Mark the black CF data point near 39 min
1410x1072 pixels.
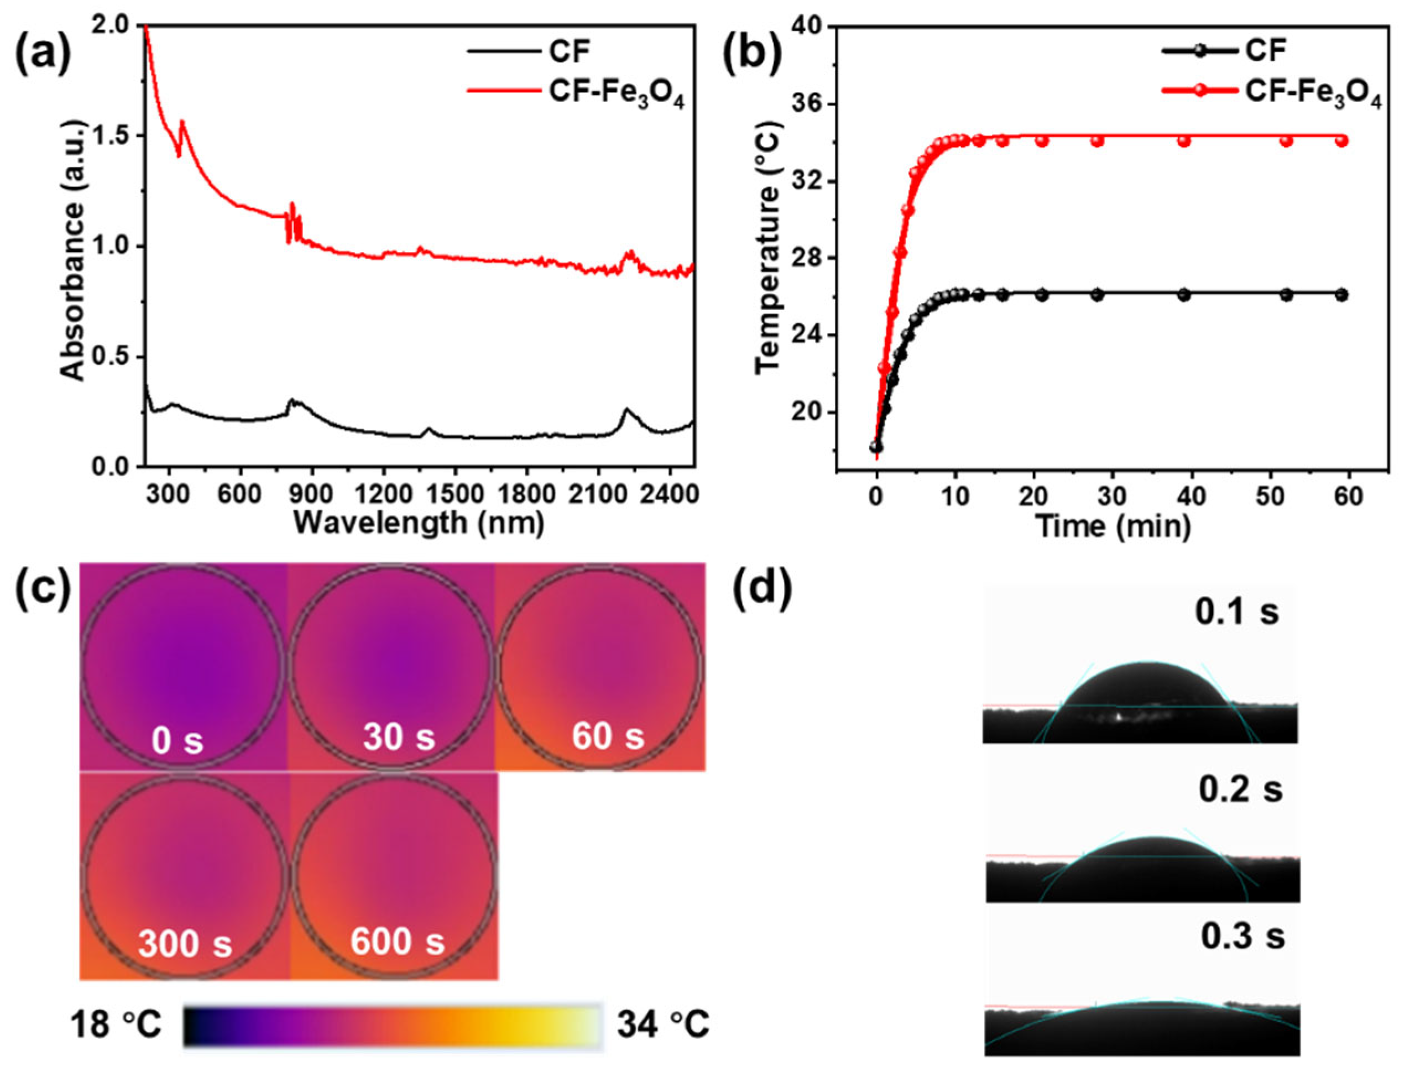(x=1184, y=295)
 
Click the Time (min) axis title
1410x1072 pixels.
(x=1113, y=526)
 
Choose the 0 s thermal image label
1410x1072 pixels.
(x=177, y=741)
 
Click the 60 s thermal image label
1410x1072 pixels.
(x=607, y=736)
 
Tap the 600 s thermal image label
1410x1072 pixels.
(x=397, y=941)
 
